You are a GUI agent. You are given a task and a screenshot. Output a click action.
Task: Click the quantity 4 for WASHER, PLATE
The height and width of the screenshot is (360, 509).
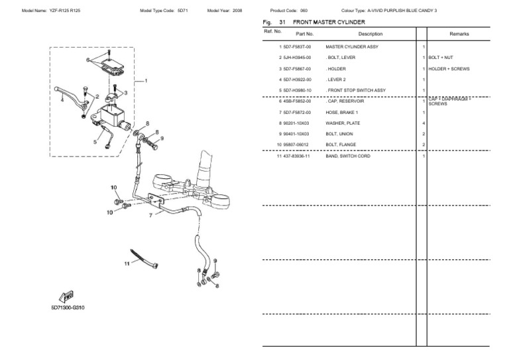point(424,123)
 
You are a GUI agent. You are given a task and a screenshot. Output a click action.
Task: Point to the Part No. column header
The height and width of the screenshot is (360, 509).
point(305,33)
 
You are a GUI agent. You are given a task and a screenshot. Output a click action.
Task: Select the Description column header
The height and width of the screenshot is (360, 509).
point(370,33)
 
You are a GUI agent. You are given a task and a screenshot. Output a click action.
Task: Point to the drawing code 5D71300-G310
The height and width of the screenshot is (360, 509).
point(68,308)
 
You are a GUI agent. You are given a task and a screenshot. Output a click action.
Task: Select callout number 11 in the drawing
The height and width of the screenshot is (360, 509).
point(126,264)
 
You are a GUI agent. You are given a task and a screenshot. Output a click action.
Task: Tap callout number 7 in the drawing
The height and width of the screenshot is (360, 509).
point(150,215)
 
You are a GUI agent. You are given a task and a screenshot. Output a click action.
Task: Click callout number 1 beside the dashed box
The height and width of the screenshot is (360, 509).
point(146,80)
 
